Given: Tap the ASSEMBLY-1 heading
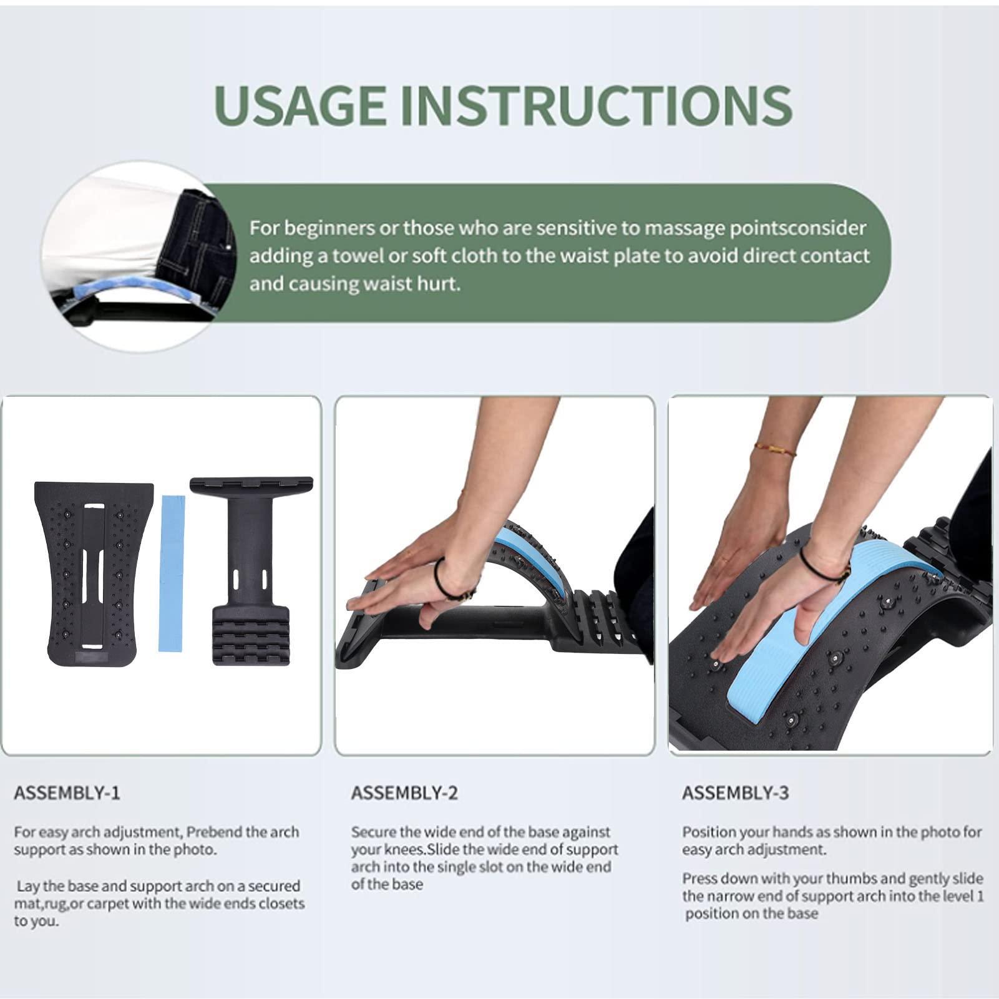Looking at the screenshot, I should pos(67,793).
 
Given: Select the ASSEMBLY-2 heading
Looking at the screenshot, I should pos(404,793).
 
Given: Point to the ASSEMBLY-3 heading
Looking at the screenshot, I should pos(735,793).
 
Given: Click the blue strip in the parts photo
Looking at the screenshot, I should pos(172,573).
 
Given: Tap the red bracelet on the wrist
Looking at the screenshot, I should pos(774,449).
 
